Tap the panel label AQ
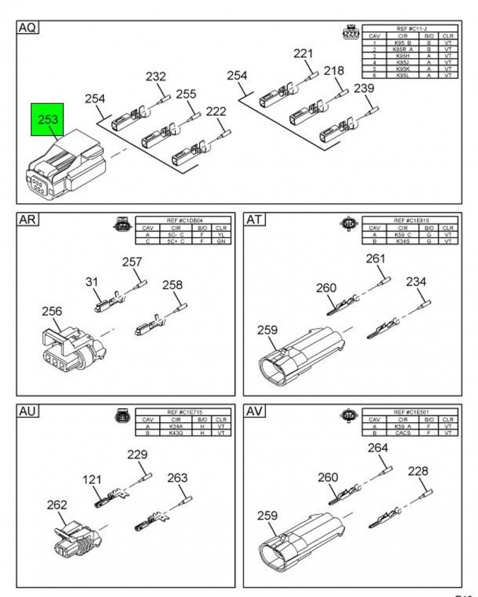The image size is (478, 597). point(27,28)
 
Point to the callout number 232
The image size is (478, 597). point(156,77)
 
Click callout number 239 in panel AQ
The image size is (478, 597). point(364,89)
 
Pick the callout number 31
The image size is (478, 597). point(91,280)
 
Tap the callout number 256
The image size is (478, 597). point(52,312)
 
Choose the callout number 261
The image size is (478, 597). point(375,259)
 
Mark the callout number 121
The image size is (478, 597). point(92,479)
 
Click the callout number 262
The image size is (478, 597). point(57,504)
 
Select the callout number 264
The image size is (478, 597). point(378,448)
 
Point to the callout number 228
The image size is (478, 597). point(418,471)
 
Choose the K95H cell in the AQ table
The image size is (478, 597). point(403,56)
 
